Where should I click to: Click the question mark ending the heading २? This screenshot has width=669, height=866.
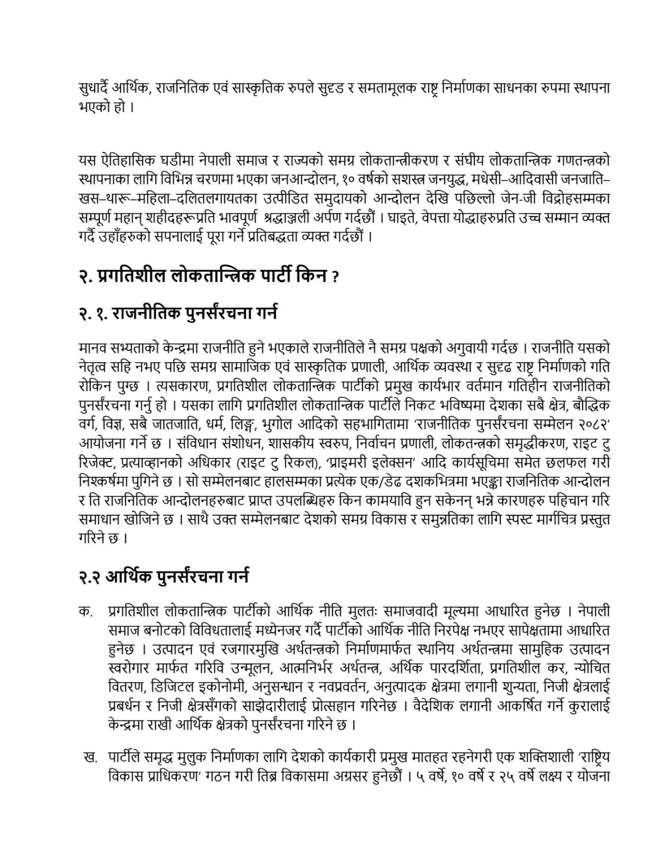coord(336,278)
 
